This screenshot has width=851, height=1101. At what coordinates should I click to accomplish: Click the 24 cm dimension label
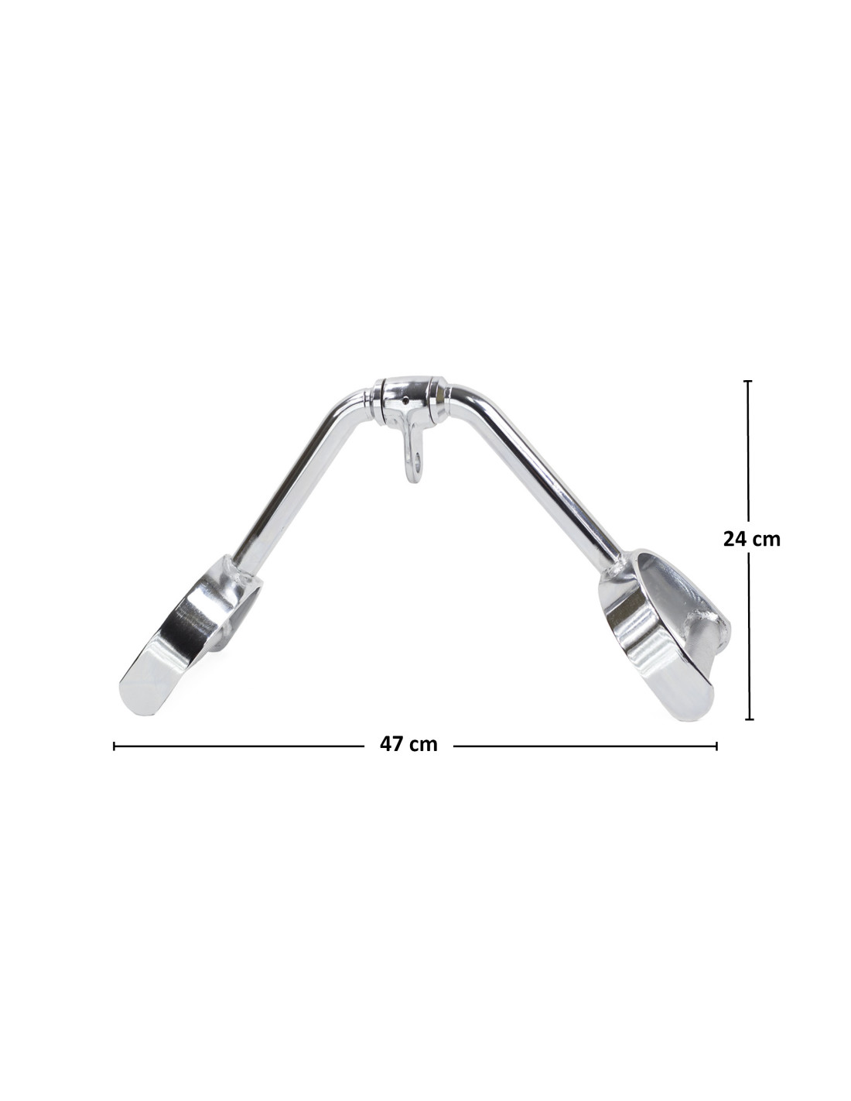click(x=751, y=539)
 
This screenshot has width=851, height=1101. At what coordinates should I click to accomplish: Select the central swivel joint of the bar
click(x=410, y=393)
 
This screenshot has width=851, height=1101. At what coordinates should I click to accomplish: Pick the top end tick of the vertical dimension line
click(x=749, y=380)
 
